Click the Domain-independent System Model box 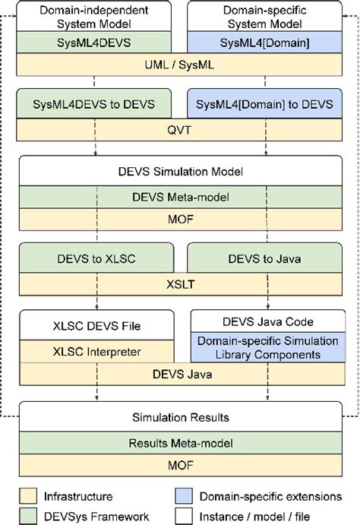tap(94, 17)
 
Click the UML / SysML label tap(179, 65)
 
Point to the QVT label tap(179, 128)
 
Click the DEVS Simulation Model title tap(179, 172)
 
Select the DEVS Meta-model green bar tap(179, 198)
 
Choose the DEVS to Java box tap(264, 258)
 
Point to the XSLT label tap(179, 283)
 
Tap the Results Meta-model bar tap(179, 443)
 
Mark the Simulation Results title tap(179, 418)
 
